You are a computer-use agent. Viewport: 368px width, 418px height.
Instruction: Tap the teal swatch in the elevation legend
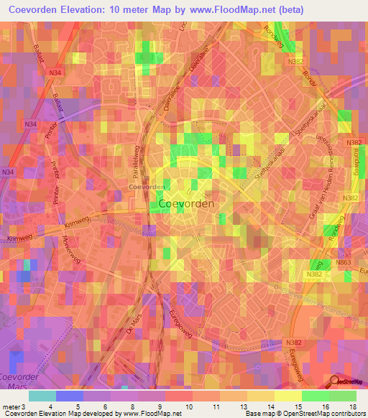click(42, 396)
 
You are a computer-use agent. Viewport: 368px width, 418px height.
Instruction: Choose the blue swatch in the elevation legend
click(70, 396)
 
